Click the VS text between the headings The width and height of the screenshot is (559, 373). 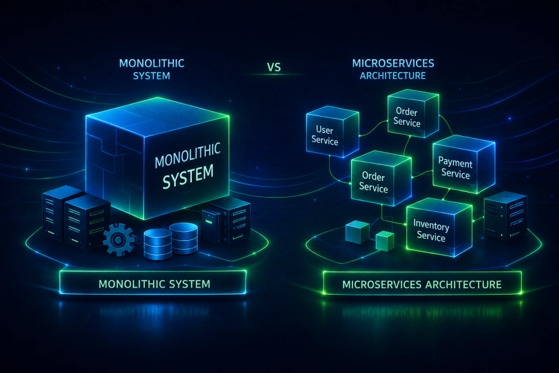(274, 67)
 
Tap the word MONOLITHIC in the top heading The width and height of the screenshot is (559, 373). (151, 64)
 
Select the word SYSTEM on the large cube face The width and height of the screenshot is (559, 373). (188, 176)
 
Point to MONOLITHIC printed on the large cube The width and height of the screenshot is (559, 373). (187, 155)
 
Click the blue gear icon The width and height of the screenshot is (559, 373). (119, 239)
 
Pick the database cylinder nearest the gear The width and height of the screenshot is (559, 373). (158, 244)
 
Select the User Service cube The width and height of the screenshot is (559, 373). (332, 131)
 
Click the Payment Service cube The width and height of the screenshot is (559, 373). (463, 164)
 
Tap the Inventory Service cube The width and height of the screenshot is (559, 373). (439, 227)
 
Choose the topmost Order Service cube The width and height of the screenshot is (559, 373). (413, 114)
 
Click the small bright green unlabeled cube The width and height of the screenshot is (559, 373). (385, 241)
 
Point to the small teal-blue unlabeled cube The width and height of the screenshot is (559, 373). (357, 232)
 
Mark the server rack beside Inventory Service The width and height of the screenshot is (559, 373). (506, 216)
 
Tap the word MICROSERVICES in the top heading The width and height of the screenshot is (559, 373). (393, 64)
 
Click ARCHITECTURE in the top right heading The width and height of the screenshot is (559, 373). (393, 76)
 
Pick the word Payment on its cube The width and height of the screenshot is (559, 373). (455, 162)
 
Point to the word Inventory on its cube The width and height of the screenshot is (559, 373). (431, 225)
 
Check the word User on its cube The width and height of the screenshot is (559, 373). (324, 130)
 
